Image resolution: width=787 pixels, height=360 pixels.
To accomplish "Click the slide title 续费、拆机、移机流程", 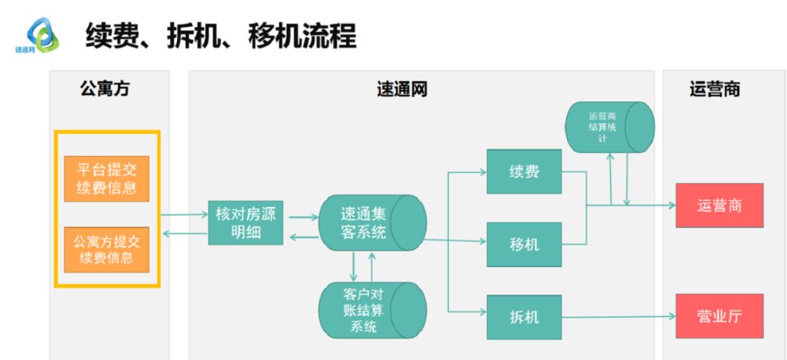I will (x=221, y=35).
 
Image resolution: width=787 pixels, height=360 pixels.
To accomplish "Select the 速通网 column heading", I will (x=402, y=89).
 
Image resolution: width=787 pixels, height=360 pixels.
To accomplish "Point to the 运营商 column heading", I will (x=715, y=89).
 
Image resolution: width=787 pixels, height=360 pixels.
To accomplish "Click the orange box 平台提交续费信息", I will (x=106, y=179).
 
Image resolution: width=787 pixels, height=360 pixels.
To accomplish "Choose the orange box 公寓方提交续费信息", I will (x=106, y=249).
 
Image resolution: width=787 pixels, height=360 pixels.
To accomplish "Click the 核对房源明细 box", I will (x=245, y=223).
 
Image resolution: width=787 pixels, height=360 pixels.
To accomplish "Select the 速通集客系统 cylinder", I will (x=372, y=223).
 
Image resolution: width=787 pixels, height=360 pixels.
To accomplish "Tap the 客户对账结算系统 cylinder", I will (x=372, y=310).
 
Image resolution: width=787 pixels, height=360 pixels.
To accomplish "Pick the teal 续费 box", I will (x=524, y=172).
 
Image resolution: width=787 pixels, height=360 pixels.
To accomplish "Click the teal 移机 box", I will (x=524, y=243).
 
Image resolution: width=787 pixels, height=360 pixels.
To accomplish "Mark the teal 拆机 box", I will (x=524, y=317).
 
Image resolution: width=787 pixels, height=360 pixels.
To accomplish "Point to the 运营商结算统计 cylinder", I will (x=609, y=127).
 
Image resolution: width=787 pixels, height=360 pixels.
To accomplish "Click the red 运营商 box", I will (x=719, y=206).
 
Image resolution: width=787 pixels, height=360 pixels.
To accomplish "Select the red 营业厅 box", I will (x=719, y=316).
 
